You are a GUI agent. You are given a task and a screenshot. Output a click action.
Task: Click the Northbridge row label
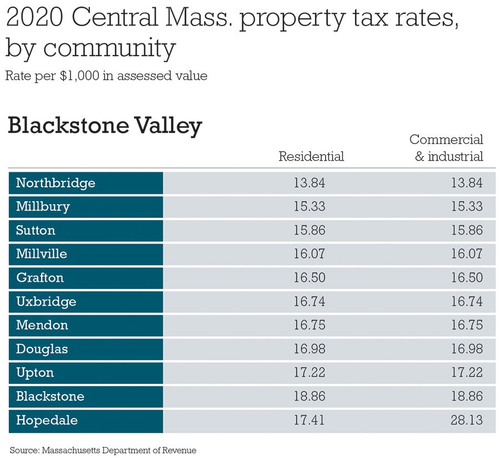point(56,183)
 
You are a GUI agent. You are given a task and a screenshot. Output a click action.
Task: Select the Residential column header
point(311,156)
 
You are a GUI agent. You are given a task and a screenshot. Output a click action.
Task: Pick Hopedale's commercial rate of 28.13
point(467,420)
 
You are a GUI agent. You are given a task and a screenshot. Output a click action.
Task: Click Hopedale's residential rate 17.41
point(309,420)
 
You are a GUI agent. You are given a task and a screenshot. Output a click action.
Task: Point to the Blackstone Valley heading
point(104,126)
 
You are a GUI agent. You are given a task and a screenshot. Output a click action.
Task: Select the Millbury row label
point(43,207)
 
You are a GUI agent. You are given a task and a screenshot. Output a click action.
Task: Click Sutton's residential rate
point(309,230)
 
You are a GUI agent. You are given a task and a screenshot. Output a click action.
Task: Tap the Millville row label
point(42,254)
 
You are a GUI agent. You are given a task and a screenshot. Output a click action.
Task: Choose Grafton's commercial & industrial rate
point(467,278)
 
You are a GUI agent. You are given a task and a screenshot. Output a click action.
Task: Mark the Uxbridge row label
point(46,302)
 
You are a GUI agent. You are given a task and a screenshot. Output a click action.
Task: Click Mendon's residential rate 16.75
point(309,325)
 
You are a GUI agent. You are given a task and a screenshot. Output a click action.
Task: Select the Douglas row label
point(42,349)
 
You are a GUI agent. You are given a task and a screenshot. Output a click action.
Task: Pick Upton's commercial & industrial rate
point(467,373)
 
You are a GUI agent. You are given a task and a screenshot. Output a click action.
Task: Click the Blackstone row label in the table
point(50,396)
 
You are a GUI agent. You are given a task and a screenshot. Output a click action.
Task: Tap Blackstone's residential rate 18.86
point(309,396)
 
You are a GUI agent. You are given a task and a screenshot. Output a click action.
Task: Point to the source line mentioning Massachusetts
point(103,450)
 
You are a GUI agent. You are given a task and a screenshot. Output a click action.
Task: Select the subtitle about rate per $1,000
point(106,76)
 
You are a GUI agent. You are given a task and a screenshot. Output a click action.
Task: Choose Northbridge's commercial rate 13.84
point(467,183)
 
